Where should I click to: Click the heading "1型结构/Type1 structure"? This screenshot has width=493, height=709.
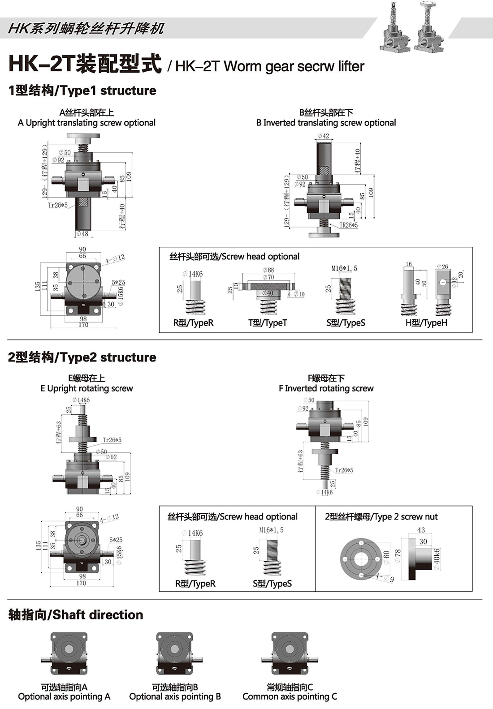point(82,90)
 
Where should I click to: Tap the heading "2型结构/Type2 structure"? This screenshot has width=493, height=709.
point(82,357)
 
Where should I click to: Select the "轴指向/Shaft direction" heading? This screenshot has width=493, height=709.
point(76,615)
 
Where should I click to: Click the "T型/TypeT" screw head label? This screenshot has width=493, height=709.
point(268,323)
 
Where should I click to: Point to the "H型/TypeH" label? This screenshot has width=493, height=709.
point(426,323)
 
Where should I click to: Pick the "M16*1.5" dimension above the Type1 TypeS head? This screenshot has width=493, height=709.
point(344,268)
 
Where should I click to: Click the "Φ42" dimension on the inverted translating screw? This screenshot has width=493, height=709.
point(324,136)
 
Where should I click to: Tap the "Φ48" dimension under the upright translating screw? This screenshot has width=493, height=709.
point(82,233)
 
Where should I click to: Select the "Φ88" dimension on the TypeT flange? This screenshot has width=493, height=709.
point(268,270)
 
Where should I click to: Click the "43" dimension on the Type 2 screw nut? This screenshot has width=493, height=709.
point(421,530)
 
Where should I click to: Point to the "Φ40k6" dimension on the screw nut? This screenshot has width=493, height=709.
point(437,559)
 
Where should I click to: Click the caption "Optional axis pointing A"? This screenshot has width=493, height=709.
point(64,697)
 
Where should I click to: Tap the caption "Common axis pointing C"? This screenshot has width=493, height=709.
point(290,697)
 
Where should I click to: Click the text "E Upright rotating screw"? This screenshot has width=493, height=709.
point(86,388)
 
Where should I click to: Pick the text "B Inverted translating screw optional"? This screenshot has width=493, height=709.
point(326,123)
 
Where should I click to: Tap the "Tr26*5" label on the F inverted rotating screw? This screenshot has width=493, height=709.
point(344,470)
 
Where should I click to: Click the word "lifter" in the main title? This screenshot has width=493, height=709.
point(351,66)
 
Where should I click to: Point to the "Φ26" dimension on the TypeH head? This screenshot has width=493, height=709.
point(442,266)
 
